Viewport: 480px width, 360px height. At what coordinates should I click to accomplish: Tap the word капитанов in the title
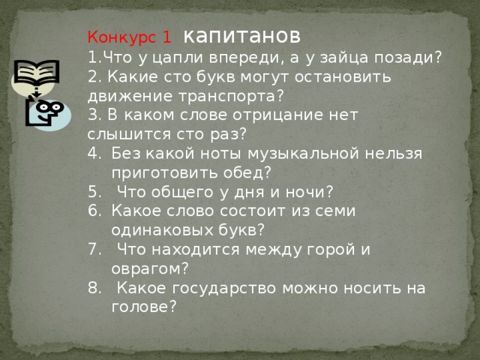[x=242, y=35]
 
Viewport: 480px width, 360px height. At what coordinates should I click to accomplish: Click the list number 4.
[x=93, y=153]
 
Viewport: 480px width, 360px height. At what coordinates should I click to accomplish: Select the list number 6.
[x=93, y=211]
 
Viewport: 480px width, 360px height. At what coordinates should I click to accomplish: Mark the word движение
[x=127, y=96]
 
